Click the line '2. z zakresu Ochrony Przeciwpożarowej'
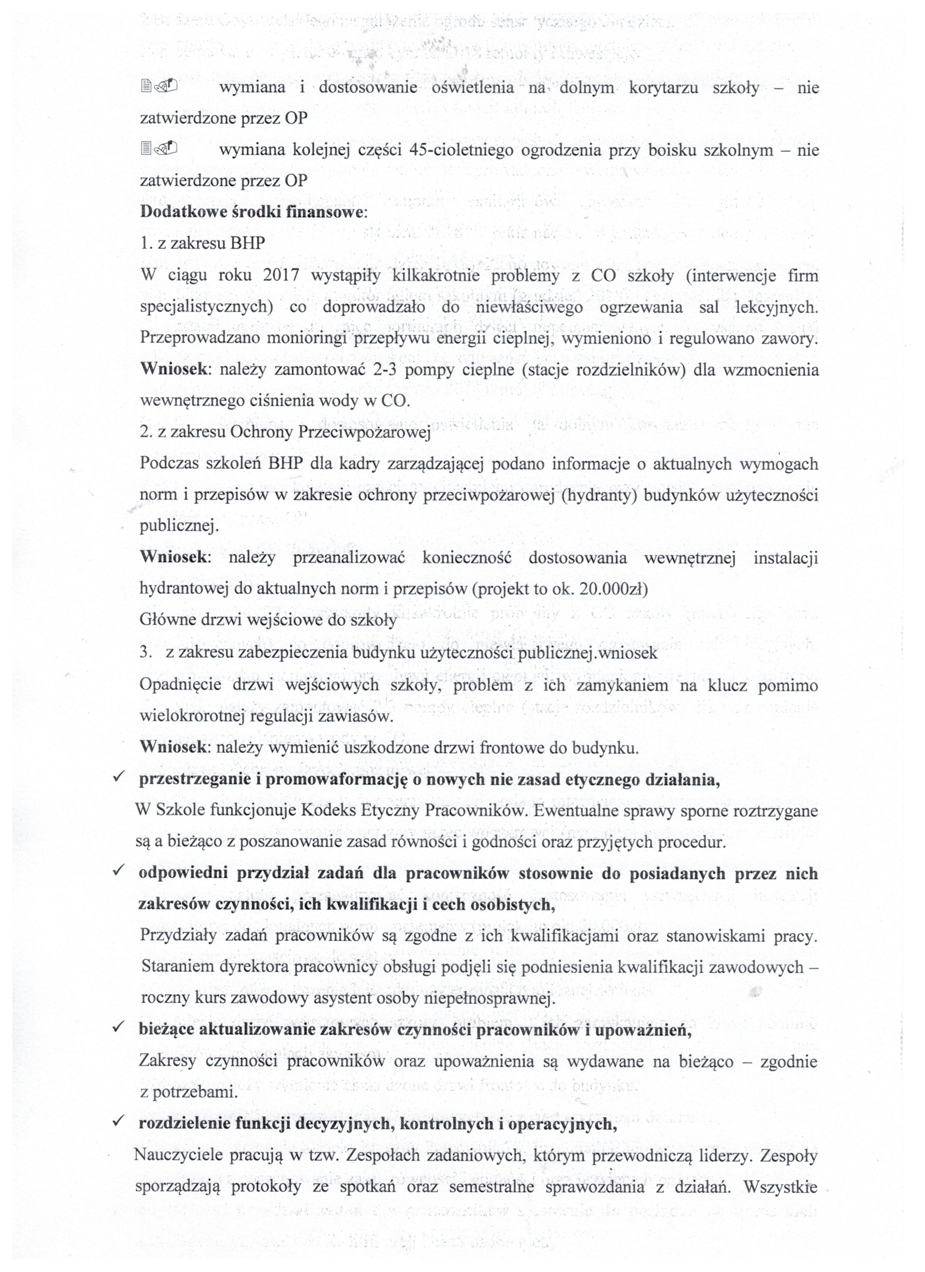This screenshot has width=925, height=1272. [285, 432]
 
